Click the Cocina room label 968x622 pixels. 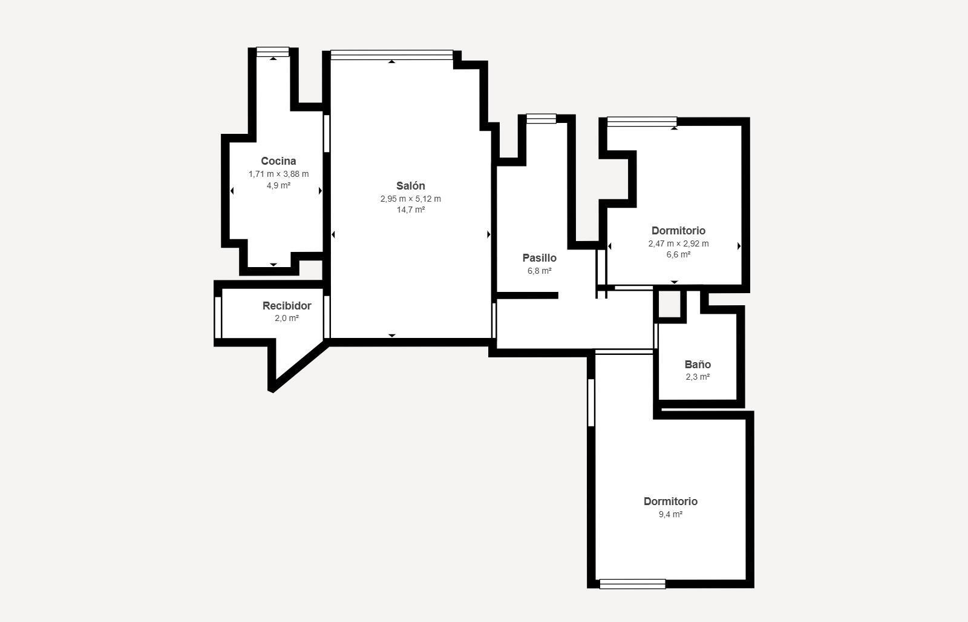pyautogui.click(x=278, y=161)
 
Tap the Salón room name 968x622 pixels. pyautogui.click(x=411, y=185)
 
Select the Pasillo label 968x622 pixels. pyautogui.click(x=539, y=258)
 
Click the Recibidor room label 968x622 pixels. pyautogui.click(x=287, y=306)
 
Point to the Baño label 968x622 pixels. pyautogui.click(x=698, y=364)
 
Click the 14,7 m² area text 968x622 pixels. pyautogui.click(x=411, y=210)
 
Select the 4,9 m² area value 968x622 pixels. pyautogui.click(x=278, y=185)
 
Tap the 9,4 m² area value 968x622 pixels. pyautogui.click(x=670, y=514)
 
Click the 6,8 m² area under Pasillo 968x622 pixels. pyautogui.click(x=539, y=271)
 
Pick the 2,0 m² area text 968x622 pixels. pyautogui.click(x=287, y=319)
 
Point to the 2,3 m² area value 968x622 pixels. pyautogui.click(x=698, y=377)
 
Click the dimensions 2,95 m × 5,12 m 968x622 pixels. pyautogui.click(x=411, y=199)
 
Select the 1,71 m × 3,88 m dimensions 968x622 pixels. pyautogui.click(x=278, y=174)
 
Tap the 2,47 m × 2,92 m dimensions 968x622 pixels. pyautogui.click(x=678, y=243)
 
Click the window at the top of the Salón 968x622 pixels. pyautogui.click(x=392, y=55)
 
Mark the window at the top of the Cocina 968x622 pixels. pyautogui.click(x=273, y=52)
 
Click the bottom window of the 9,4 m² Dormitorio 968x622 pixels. pyautogui.click(x=633, y=584)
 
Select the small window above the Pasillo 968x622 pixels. pyautogui.click(x=541, y=119)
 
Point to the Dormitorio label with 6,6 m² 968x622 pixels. pyautogui.click(x=678, y=231)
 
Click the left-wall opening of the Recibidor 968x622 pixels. pyautogui.click(x=218, y=317)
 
